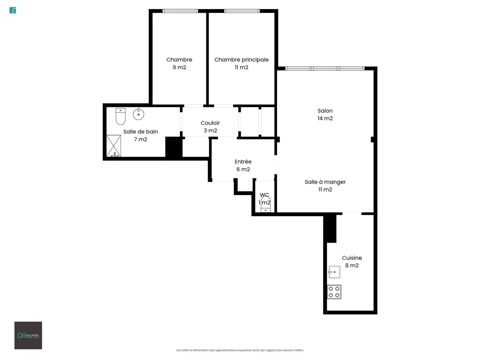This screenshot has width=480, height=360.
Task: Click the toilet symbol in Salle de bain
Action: (x=121, y=116)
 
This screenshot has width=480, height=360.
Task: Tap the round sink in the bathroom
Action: (x=138, y=114)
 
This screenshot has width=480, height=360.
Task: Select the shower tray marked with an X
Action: (x=114, y=146)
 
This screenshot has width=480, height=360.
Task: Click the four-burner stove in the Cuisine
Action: (x=334, y=292)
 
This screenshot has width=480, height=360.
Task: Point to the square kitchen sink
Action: (x=334, y=272)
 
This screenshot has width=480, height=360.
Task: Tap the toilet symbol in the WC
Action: (x=266, y=204)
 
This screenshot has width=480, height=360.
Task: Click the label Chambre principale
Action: (x=241, y=60)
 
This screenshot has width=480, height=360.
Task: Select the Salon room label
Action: (x=325, y=111)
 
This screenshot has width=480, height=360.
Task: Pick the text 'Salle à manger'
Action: (x=325, y=182)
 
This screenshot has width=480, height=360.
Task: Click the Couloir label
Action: (x=210, y=123)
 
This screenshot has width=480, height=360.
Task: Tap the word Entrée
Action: (x=243, y=161)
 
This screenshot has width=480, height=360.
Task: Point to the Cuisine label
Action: (x=352, y=258)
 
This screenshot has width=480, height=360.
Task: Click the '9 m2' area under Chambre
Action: (x=179, y=67)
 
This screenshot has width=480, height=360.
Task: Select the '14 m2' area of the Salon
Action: (x=325, y=118)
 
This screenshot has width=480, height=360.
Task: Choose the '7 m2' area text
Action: (x=140, y=139)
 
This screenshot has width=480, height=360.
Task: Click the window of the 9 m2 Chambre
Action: (x=180, y=11)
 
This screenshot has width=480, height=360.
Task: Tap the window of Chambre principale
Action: (x=242, y=11)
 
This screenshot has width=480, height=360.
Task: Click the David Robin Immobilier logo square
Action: (x=28, y=335)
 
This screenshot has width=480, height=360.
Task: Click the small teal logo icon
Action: (x=13, y=10)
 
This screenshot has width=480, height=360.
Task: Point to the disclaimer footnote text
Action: (x=240, y=350)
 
